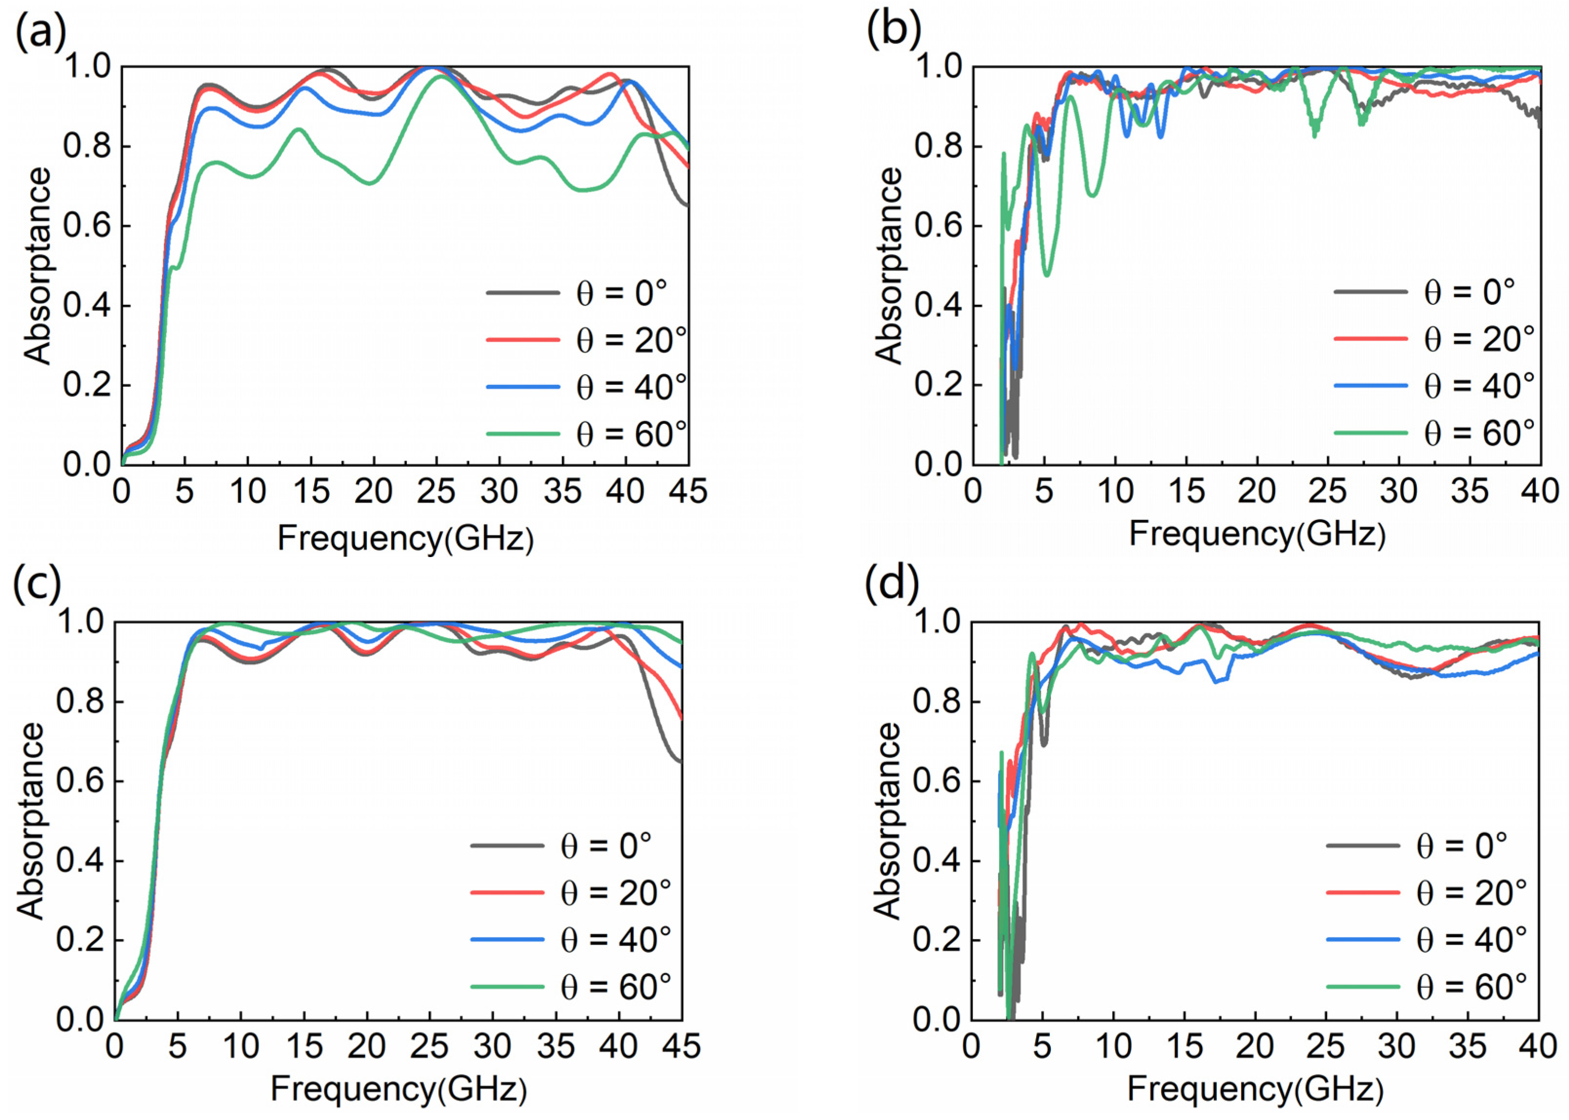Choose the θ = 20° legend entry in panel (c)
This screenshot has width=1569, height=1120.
[571, 893]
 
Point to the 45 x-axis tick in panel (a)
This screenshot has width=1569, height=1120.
[688, 492]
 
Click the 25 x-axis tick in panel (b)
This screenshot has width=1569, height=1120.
[1328, 492]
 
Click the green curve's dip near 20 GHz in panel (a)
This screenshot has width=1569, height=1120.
[372, 183]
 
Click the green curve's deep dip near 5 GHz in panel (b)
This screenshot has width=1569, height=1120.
[1047, 275]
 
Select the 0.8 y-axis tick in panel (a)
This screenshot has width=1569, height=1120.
[87, 147]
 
